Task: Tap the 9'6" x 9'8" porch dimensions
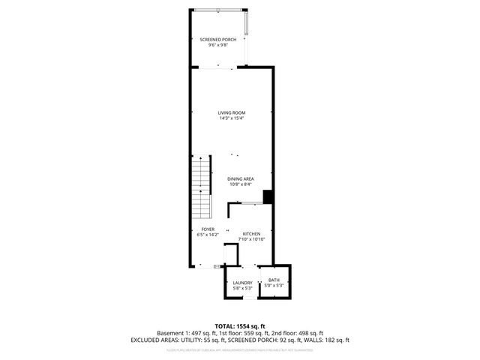click(x=217, y=46)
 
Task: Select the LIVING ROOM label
click(x=232, y=112)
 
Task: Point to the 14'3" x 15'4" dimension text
click(x=232, y=118)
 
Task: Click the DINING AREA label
click(x=241, y=178)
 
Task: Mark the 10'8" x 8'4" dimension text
click(x=241, y=184)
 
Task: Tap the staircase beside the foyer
click(x=201, y=188)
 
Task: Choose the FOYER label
click(x=208, y=229)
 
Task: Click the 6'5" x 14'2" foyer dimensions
click(x=208, y=235)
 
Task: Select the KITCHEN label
click(x=251, y=233)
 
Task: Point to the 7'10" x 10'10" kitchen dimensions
click(x=251, y=239)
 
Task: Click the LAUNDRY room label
click(x=242, y=283)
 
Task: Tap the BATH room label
click(x=274, y=280)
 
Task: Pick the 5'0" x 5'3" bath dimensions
click(x=274, y=285)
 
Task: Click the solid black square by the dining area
click(x=267, y=197)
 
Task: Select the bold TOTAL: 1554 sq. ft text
click(x=240, y=325)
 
